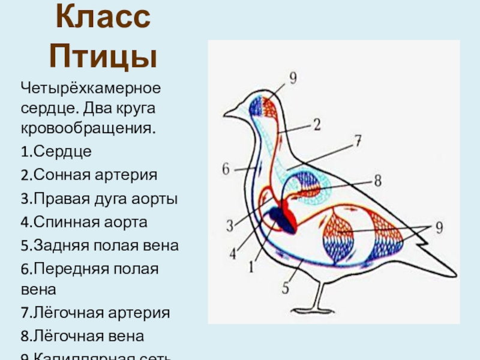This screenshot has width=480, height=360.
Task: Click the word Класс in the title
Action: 103,21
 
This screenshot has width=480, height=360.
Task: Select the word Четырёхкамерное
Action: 91,89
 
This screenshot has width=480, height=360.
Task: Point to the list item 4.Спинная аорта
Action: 83,222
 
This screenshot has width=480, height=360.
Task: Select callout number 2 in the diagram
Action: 317,124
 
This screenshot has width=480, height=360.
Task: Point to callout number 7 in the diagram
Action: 357,142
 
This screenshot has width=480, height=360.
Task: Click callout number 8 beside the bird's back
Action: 377,179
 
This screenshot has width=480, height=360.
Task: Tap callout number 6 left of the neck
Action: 226,169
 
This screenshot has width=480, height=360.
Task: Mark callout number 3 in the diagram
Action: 229,226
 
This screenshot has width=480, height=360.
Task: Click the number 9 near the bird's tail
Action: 439,228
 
